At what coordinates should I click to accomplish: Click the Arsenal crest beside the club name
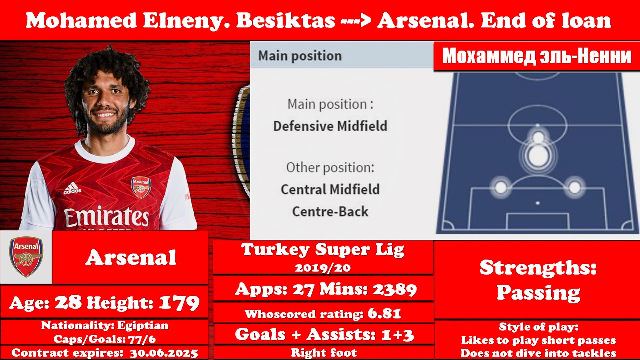click(x=26, y=256)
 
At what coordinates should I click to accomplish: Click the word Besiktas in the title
click(x=286, y=20)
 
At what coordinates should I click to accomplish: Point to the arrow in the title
click(x=356, y=21)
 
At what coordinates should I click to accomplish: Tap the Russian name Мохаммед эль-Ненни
click(x=537, y=56)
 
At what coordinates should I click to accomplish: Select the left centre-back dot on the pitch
click(x=501, y=187)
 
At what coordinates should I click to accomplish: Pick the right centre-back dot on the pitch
click(x=574, y=187)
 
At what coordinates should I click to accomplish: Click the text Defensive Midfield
click(x=330, y=126)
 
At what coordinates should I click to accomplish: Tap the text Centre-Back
click(x=330, y=211)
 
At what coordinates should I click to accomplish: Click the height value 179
click(x=179, y=303)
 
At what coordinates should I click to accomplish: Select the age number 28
click(x=68, y=302)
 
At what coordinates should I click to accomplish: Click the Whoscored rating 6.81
click(x=384, y=314)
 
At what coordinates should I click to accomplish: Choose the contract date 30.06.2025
click(x=164, y=353)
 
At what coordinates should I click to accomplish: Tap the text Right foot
click(x=324, y=353)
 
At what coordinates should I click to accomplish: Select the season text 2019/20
click(x=323, y=268)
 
